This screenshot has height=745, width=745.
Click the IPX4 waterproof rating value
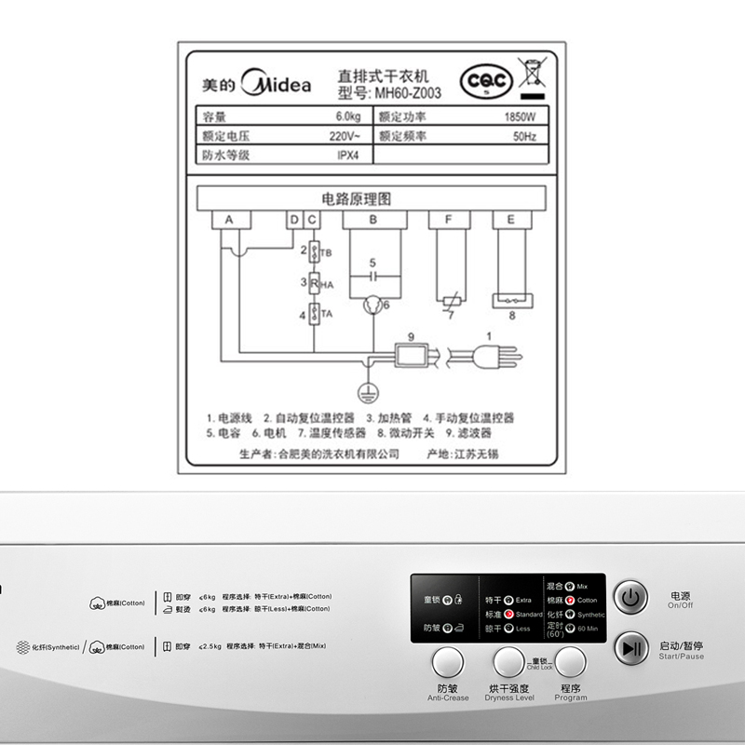tap(348, 155)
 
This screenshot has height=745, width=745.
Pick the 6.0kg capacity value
tap(348, 117)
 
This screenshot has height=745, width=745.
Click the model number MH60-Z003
tap(407, 93)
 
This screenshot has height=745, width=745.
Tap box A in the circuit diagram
tap(230, 219)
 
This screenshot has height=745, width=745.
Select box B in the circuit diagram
tap(373, 219)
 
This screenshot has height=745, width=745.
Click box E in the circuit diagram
tap(510, 219)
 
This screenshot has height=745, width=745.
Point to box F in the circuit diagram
tap(450, 219)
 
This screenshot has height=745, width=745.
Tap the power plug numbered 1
tap(485, 355)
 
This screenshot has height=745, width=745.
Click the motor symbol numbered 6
tap(372, 303)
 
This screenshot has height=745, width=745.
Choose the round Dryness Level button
tap(508, 662)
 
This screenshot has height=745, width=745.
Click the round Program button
tap(571, 662)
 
